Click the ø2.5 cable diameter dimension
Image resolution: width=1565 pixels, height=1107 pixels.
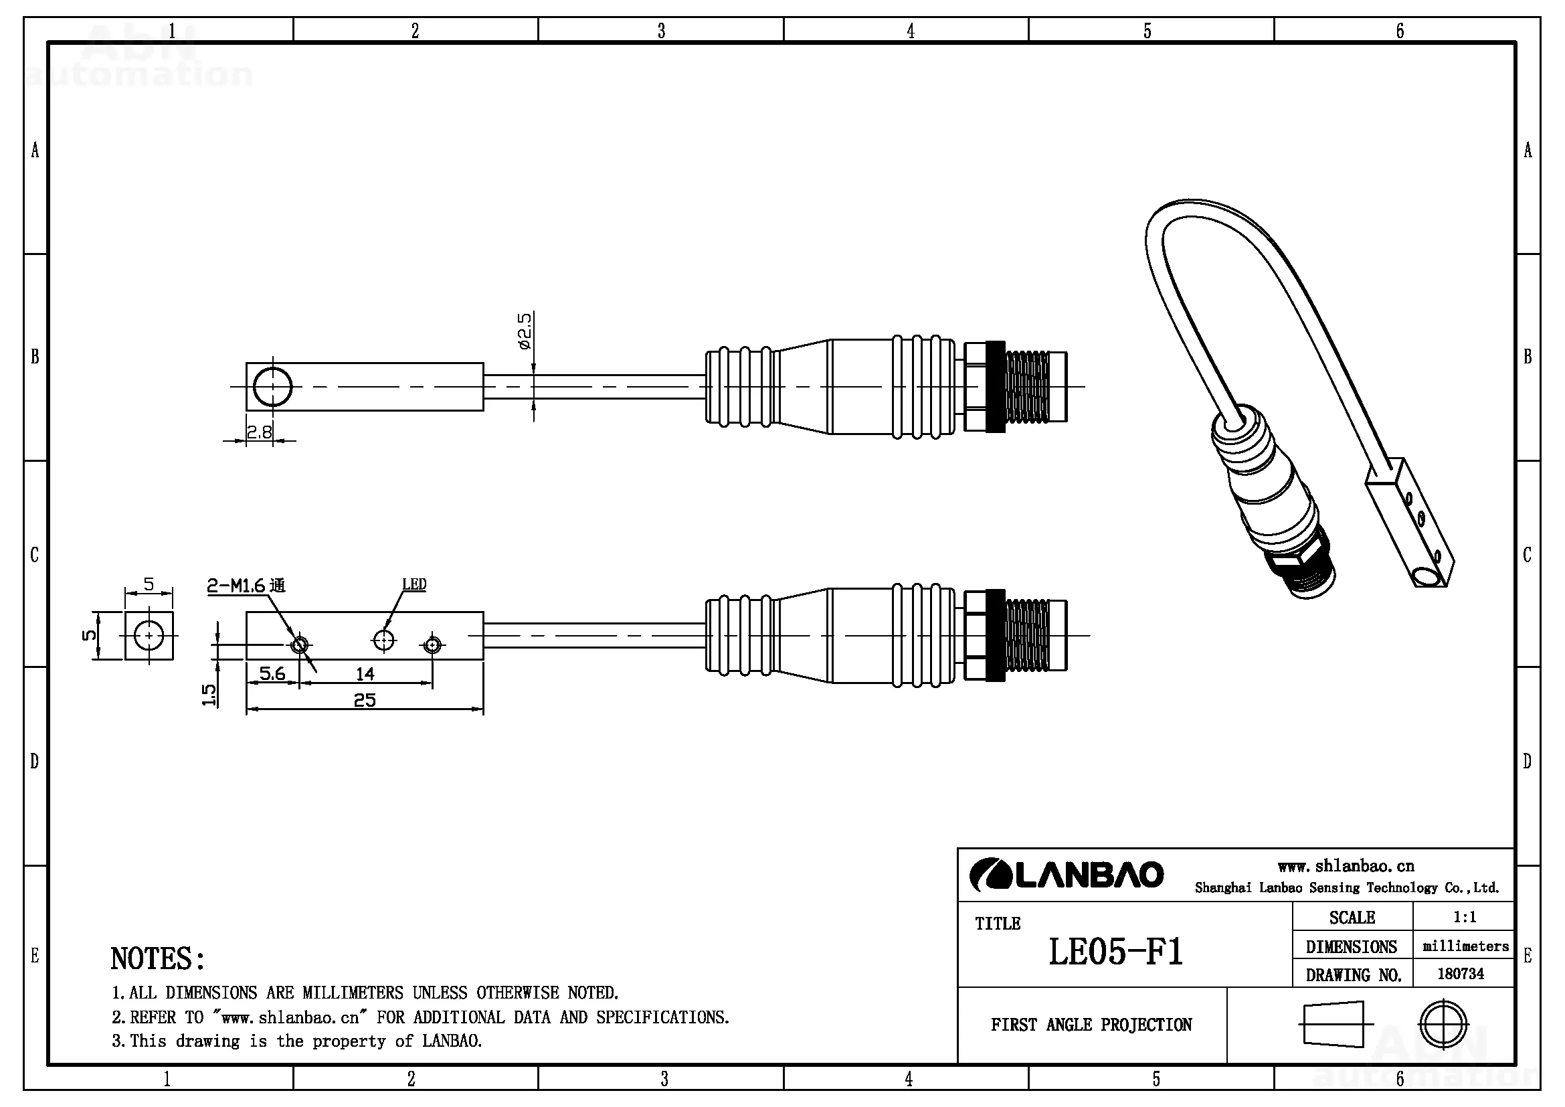click(524, 331)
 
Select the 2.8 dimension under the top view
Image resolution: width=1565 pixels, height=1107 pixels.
click(259, 432)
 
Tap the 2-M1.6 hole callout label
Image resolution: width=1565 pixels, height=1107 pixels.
click(246, 586)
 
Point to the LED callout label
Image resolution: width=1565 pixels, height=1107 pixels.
click(413, 584)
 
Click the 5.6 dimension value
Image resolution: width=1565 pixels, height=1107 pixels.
click(272, 673)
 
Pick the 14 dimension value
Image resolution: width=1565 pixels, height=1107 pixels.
click(365, 674)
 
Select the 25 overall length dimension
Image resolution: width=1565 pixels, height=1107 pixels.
click(365, 700)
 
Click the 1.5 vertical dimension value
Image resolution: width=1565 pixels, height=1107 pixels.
click(209, 695)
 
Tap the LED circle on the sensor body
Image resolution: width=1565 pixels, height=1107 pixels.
click(384, 640)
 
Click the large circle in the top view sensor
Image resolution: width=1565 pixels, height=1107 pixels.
click(272, 386)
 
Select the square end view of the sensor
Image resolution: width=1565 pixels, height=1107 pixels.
click(149, 636)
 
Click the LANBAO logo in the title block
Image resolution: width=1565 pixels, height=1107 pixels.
click(1066, 875)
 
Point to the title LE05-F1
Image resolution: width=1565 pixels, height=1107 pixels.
click(1115, 952)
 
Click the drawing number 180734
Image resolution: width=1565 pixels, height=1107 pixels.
click(1460, 973)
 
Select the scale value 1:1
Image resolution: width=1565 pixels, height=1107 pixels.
click(1464, 917)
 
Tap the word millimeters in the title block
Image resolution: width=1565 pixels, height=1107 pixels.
click(1465, 946)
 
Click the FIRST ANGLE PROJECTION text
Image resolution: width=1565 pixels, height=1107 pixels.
click(1091, 1025)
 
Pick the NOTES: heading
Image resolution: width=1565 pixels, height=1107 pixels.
click(157, 959)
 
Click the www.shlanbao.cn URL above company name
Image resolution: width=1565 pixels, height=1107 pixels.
click(1346, 866)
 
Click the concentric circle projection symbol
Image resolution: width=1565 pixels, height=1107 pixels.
click(1443, 1024)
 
